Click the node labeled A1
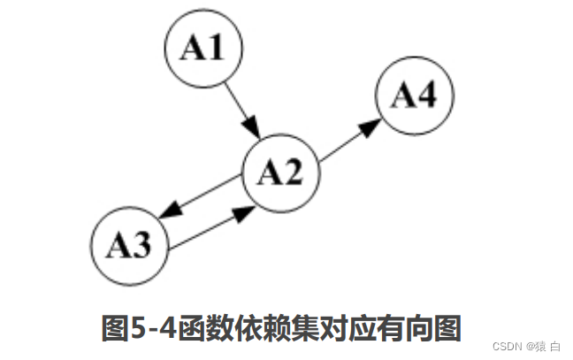[202, 49]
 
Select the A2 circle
[280, 173]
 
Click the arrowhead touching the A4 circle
[371, 126]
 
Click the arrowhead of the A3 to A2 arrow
[244, 212]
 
